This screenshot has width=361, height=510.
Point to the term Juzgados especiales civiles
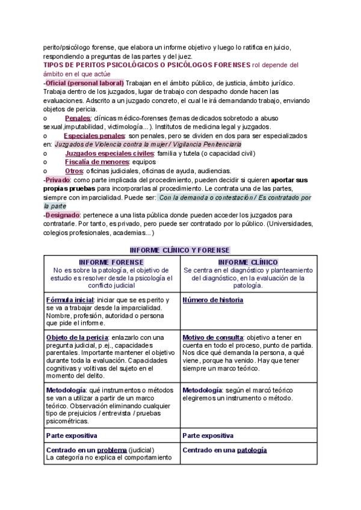(x=109, y=153)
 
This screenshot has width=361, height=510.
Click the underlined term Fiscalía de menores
(x=97, y=162)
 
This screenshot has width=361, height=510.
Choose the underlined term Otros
(x=74, y=171)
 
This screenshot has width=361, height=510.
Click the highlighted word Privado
(x=58, y=180)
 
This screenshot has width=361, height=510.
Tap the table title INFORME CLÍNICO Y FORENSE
(x=180, y=250)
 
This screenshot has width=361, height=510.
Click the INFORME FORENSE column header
(x=111, y=262)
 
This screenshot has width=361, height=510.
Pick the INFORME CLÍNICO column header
(x=248, y=262)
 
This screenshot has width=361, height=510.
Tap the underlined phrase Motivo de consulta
(x=213, y=337)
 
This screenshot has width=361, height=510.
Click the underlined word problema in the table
(x=112, y=449)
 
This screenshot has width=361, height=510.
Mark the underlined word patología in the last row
(x=251, y=449)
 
